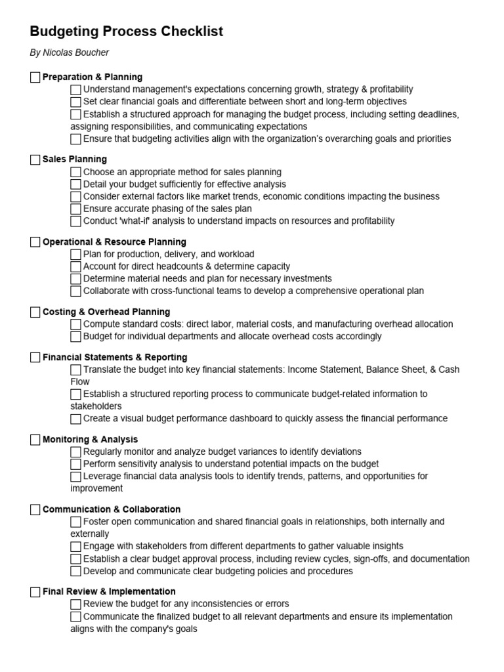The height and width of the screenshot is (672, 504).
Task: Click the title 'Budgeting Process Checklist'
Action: pos(127,31)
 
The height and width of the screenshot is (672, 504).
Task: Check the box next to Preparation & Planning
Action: pos(35,77)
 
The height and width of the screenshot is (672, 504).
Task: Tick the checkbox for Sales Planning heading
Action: pos(35,159)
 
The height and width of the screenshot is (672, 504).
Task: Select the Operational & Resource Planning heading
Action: pos(114,242)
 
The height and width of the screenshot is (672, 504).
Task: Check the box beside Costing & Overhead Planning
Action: pos(35,312)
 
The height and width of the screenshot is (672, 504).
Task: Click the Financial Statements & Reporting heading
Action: pos(115,358)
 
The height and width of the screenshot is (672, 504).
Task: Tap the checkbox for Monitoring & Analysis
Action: pos(35,440)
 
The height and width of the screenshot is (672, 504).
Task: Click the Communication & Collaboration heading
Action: pos(112,509)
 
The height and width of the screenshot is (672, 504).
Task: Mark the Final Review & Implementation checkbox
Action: pos(35,592)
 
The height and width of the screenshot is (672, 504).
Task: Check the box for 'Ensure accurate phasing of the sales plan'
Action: pos(76,209)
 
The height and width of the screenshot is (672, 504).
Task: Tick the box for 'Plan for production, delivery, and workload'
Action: pos(76,255)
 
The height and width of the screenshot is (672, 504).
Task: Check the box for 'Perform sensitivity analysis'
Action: pos(76,464)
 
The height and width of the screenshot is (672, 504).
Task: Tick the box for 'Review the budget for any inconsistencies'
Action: pos(76,604)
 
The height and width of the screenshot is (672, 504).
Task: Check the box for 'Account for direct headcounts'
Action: pos(76,266)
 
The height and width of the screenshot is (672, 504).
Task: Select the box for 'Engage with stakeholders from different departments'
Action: pos(76,547)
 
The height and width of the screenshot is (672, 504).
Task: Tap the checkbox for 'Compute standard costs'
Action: pos(76,324)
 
